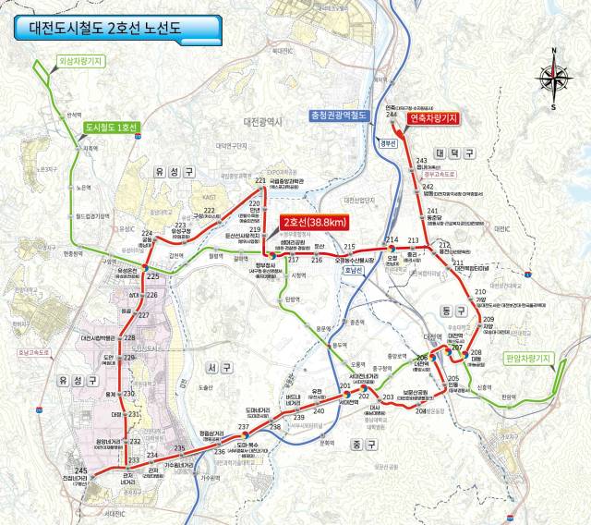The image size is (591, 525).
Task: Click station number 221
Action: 260,180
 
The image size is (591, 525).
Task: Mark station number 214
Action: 392,240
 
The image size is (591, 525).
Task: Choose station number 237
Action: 244,427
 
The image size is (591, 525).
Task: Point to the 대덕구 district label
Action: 454,152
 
